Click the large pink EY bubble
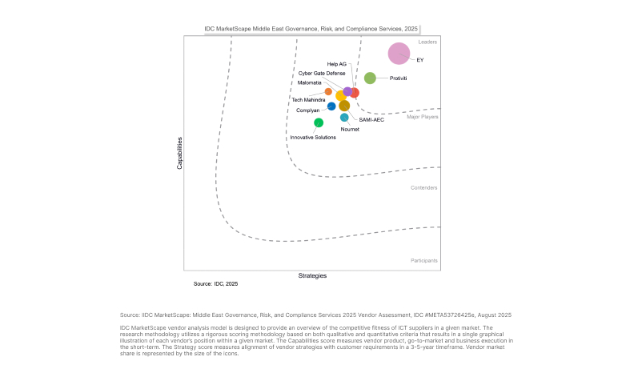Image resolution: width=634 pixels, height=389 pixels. tap(399, 54)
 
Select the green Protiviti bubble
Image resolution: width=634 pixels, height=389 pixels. tap(370, 78)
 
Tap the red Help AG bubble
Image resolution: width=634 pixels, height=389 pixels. tap(354, 93)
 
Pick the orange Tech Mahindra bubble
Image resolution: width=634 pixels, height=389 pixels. tap(328, 91)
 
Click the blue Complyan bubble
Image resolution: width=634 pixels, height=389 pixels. tap(331, 106)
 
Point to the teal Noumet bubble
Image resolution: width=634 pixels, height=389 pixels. tap(344, 118)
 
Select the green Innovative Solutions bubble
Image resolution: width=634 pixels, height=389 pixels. tap(319, 122)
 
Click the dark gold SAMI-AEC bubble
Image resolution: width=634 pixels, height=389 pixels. tap(344, 106)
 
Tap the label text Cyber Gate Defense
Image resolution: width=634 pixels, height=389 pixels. tap(322, 73)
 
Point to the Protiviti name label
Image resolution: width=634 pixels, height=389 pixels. tap(399, 78)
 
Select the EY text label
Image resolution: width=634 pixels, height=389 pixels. tap(420, 60)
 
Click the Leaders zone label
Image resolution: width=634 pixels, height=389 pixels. tap(427, 42)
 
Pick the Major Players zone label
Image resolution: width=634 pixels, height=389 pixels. tap(423, 117)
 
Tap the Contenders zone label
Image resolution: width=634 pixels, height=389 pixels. tap(424, 187)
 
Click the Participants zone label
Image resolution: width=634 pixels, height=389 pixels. tap(424, 261)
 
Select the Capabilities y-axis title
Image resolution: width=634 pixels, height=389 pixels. tap(179, 152)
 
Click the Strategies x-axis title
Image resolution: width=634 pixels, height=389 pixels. tap(312, 276)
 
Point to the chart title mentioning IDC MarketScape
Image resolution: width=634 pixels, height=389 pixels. tap(311, 29)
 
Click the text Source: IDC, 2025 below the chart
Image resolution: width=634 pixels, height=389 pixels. tap(215, 284)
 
